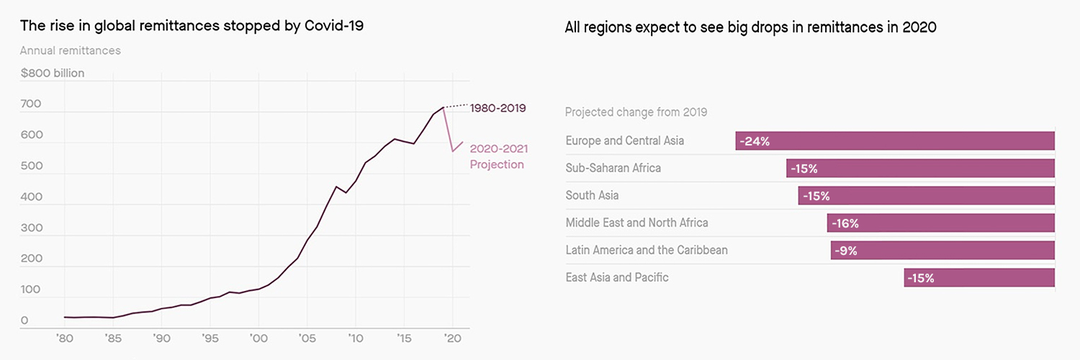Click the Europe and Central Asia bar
[895, 141]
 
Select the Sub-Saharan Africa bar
[920, 168]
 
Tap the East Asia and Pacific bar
[979, 278]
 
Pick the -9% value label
[847, 251]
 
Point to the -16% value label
[845, 223]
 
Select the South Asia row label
[592, 196]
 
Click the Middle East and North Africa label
[636, 223]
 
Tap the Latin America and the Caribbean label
[647, 251]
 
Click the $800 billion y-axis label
[53, 73]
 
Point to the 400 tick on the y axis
[31, 197]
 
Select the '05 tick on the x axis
[307, 338]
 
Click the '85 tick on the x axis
[112, 338]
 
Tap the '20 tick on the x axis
[452, 338]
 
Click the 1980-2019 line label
[498, 108]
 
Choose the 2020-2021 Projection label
[498, 157]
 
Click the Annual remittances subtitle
[70, 51]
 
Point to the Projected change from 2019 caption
[636, 112]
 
